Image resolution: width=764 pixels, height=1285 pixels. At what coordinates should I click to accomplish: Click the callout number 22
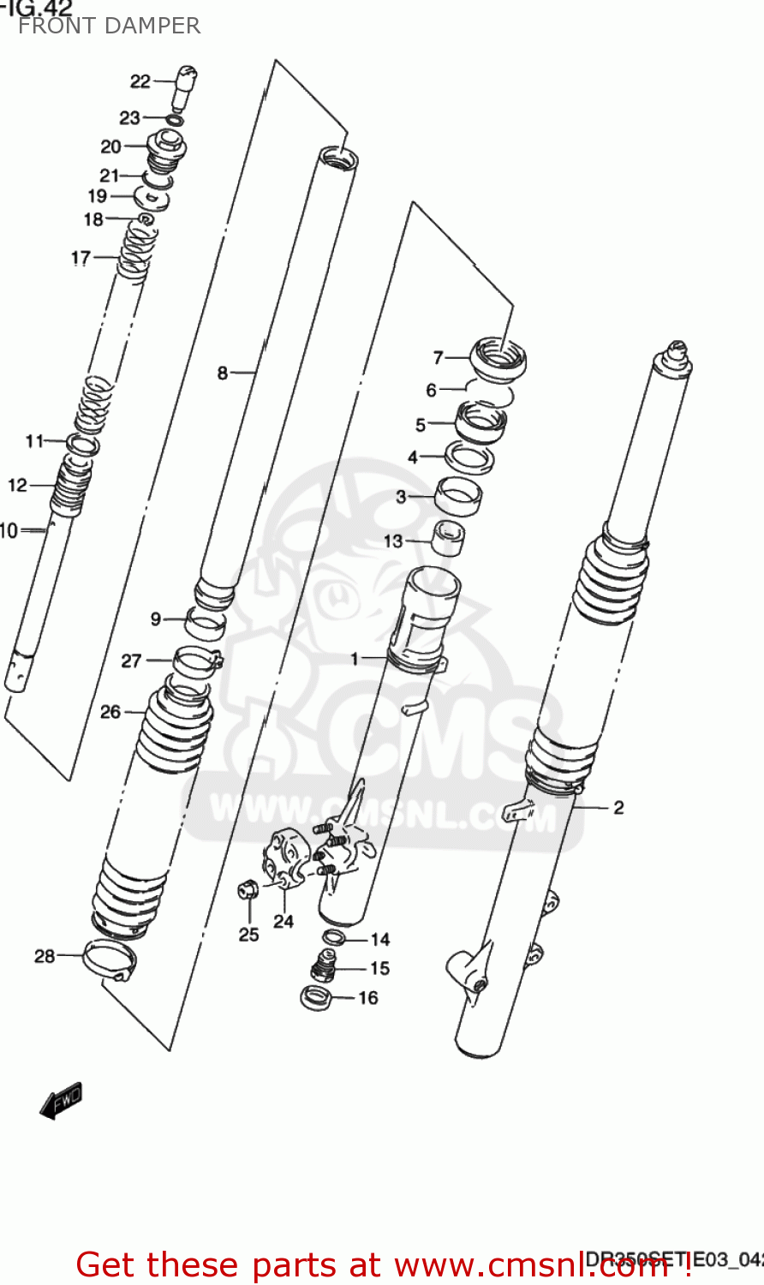tap(140, 81)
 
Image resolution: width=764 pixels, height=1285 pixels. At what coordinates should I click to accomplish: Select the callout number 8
tap(223, 373)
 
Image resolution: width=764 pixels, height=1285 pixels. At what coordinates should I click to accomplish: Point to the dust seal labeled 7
tap(498, 357)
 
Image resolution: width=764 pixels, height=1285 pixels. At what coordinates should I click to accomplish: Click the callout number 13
tap(392, 541)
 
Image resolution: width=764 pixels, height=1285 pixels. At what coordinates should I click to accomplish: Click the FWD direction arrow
tap(61, 1100)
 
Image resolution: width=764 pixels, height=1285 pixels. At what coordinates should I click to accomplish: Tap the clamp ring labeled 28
tap(109, 959)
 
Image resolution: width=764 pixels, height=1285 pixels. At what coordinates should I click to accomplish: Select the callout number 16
tap(367, 998)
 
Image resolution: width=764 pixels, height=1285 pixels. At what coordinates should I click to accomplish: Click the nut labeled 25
tap(248, 891)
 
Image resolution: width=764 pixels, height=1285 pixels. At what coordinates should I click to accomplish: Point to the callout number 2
tap(618, 807)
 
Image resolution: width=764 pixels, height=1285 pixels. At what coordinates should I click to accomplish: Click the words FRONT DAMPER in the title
tap(109, 26)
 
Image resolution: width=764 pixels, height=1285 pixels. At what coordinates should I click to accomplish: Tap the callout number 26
tap(110, 711)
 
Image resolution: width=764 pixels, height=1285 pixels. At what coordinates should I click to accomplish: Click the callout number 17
tap(81, 257)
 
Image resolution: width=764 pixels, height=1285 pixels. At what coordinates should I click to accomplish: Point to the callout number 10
tap(9, 531)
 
